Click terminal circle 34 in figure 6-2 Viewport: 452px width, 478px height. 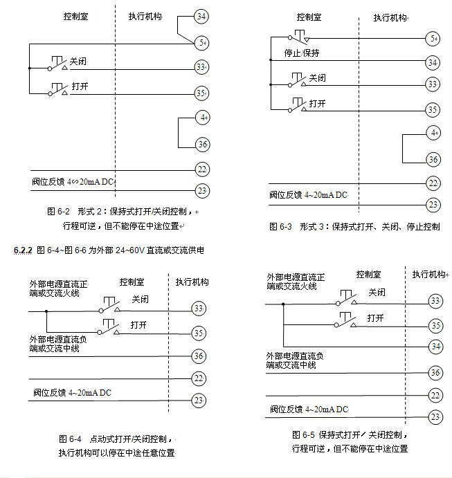point(201,16)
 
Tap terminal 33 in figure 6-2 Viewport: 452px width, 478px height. point(201,68)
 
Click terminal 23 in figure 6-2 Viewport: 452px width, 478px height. point(202,190)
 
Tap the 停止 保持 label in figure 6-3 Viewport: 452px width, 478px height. point(301,53)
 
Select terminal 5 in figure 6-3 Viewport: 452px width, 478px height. point(433,38)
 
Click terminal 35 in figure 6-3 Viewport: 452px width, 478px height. point(433,109)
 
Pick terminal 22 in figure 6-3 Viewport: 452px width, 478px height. point(433,183)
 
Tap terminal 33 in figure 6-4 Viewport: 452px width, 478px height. point(199,308)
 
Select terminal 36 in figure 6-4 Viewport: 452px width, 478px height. point(199,356)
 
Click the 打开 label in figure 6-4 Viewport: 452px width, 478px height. point(140,324)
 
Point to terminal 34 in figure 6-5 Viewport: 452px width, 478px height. point(435,346)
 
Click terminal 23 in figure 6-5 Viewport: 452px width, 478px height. point(435,416)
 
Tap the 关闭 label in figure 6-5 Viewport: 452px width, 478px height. point(377,294)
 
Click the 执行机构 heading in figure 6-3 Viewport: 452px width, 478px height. point(390,17)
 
